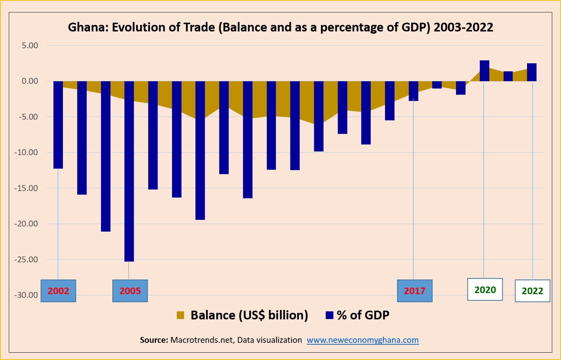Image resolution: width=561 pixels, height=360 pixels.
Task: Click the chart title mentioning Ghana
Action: [x=280, y=27]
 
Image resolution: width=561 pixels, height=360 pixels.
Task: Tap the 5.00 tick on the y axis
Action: [x=30, y=46]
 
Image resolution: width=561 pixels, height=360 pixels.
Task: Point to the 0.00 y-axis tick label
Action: [x=30, y=81]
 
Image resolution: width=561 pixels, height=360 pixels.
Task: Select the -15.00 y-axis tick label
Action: [x=26, y=188]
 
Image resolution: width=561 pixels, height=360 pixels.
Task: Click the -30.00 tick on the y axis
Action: [x=26, y=295]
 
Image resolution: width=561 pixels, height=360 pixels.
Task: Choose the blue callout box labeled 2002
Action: [x=58, y=291]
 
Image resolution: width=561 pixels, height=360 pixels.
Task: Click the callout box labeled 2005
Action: [x=130, y=291]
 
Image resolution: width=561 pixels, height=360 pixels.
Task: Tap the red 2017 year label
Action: [x=414, y=291]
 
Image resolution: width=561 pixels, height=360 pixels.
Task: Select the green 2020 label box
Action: [x=485, y=290]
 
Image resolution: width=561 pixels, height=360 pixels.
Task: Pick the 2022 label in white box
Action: [x=532, y=291]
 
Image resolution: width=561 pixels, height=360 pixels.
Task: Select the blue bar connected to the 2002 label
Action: [x=58, y=125]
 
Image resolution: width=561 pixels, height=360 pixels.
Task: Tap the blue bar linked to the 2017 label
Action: [x=413, y=91]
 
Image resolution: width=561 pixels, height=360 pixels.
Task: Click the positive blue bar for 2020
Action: [x=484, y=71]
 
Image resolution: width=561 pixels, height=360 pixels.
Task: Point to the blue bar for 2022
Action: [x=532, y=72]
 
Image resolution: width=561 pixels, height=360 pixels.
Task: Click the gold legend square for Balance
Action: [x=180, y=315]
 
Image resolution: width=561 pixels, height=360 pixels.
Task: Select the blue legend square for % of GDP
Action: [x=330, y=315]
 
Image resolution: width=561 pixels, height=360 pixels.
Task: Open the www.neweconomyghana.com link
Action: [x=362, y=340]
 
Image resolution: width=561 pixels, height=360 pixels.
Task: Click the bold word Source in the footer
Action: [x=154, y=340]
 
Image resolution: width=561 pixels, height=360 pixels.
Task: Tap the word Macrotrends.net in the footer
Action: [x=202, y=340]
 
